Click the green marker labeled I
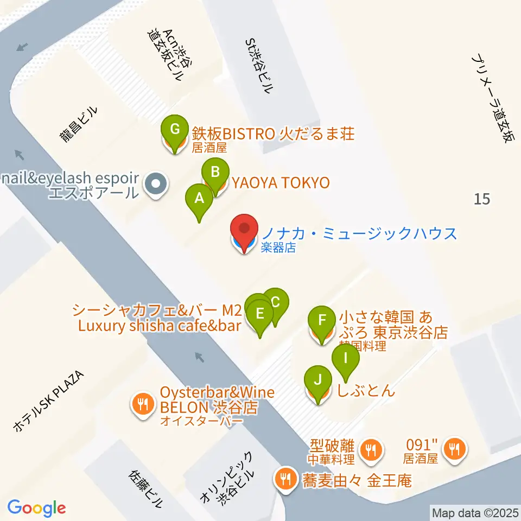(346, 359)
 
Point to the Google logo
(36, 508)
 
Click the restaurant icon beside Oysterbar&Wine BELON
(142, 403)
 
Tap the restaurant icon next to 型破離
(371, 449)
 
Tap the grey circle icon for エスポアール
(156, 185)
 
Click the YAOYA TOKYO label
(281, 183)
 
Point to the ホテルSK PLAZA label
(48, 402)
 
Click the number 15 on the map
(481, 199)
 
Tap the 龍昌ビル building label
(79, 125)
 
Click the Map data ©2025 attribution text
(475, 512)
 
